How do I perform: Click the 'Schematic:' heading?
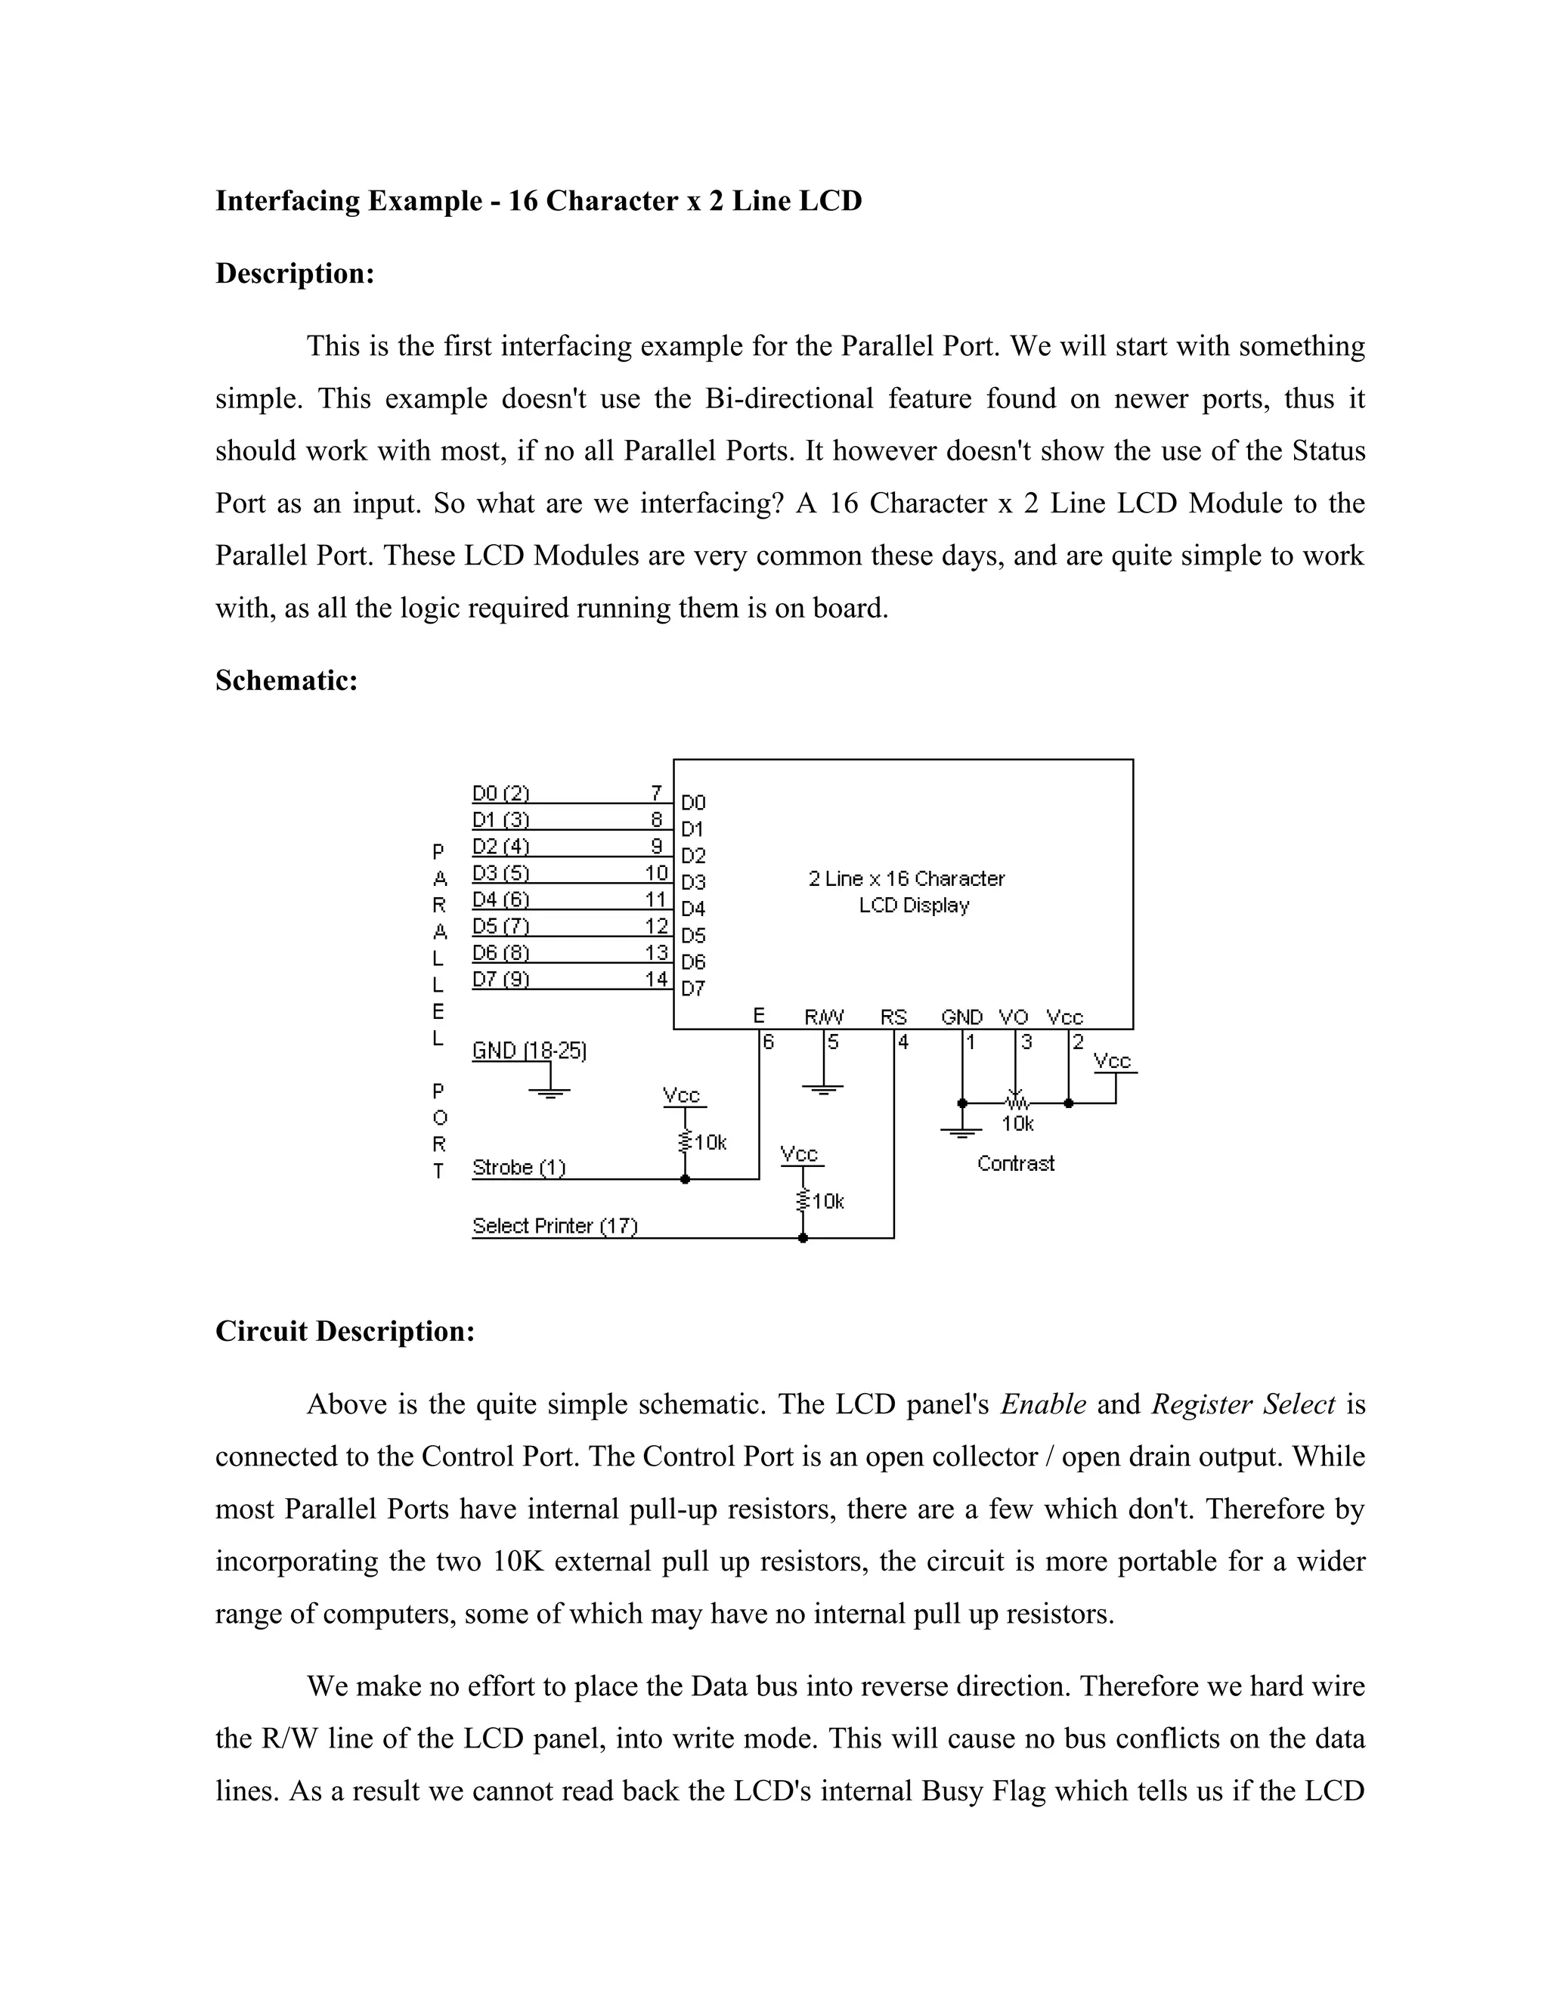tap(286, 680)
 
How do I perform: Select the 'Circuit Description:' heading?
tap(345, 1331)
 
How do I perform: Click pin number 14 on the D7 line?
tap(657, 979)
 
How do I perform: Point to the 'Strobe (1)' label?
tap(519, 1168)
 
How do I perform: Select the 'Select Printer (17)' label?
tap(555, 1226)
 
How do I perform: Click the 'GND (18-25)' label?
tap(529, 1050)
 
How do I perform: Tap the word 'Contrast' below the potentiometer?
tap(1015, 1164)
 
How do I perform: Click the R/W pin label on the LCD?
tap(824, 1017)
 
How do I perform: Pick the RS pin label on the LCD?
tap(893, 1017)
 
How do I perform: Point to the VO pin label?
tap(1014, 1017)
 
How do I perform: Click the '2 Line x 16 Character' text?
tap(906, 878)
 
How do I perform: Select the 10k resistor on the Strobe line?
tap(685, 1142)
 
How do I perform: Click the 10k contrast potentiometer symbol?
tap(1015, 1101)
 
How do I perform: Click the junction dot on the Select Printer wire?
tap(803, 1238)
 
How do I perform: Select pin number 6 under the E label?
tap(769, 1042)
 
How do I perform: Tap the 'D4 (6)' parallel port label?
tap(500, 899)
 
